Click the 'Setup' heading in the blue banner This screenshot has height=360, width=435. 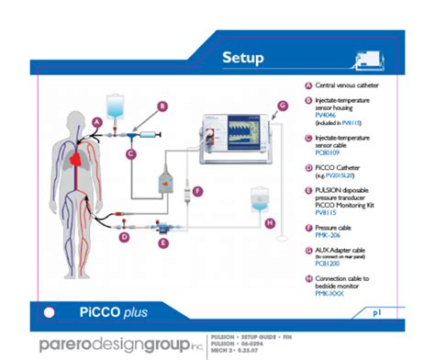coord(243,58)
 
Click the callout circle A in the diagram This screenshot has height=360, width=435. coord(97,121)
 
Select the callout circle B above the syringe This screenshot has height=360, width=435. coord(162,107)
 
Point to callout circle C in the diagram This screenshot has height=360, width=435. coord(131,154)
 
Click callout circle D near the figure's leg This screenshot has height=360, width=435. coord(124,237)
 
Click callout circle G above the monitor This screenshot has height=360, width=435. coord(283,106)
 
